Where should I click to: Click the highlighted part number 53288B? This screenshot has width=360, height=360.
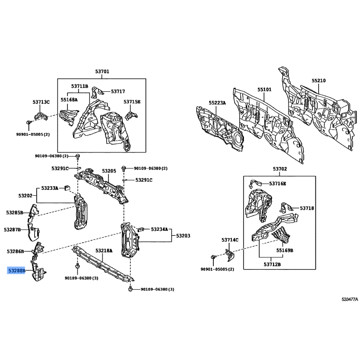(17, 271)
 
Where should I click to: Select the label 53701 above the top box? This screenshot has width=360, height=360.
(102, 72)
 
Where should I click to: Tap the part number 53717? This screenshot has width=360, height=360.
(118, 91)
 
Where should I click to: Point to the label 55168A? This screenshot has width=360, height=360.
(69, 99)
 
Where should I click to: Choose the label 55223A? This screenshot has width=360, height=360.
(217, 103)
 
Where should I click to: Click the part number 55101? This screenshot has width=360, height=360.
(264, 89)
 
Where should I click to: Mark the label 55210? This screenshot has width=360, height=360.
(319, 81)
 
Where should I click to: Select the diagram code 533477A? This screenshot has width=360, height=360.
(350, 299)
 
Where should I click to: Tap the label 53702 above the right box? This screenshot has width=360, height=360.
(280, 169)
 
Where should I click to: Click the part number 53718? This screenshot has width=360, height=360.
(307, 208)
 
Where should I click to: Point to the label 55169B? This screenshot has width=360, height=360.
(285, 250)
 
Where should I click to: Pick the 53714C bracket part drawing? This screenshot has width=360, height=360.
(229, 255)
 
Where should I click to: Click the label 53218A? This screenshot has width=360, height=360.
(104, 251)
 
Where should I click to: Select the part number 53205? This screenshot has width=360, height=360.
(109, 171)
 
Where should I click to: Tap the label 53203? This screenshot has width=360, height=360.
(183, 236)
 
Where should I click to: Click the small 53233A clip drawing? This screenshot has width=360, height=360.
(67, 187)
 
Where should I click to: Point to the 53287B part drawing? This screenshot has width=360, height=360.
(33, 232)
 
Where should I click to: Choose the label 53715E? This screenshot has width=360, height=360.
(132, 102)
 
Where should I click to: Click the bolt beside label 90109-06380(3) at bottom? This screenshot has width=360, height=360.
(130, 288)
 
